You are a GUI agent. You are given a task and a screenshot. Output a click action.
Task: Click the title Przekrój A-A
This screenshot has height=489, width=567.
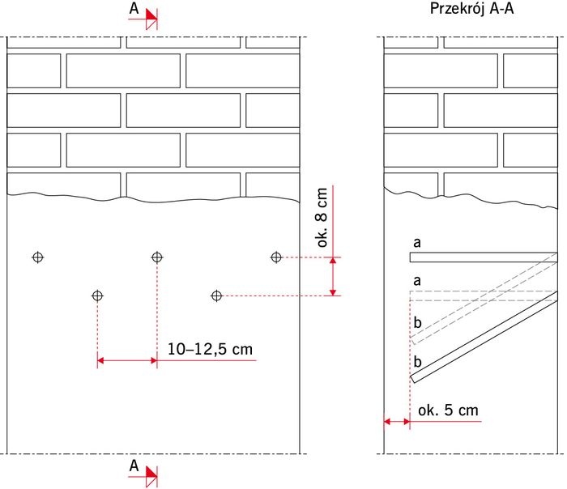(x=471, y=9)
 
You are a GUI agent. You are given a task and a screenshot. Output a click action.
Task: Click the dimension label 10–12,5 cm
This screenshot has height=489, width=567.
(x=210, y=349)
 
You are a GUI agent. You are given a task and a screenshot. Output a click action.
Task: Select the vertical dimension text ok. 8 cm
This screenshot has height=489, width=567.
(x=322, y=218)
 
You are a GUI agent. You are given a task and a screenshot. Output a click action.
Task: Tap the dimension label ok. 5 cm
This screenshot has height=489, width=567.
(x=448, y=410)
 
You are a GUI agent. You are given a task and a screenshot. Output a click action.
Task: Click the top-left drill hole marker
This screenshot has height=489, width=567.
(x=38, y=257)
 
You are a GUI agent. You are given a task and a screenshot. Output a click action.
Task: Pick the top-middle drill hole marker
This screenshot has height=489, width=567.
(x=157, y=257)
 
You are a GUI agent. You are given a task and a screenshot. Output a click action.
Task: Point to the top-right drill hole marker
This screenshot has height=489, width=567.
(x=276, y=257)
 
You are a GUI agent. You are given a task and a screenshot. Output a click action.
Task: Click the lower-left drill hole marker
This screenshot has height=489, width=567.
(x=98, y=296)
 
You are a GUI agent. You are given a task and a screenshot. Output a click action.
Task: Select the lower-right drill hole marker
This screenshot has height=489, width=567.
(x=216, y=296)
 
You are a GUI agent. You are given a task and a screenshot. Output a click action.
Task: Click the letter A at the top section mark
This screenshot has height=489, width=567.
(x=134, y=9)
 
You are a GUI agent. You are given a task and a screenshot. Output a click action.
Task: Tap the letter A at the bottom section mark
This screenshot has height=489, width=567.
(x=134, y=466)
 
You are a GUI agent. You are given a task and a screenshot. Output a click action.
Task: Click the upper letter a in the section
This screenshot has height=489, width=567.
(x=417, y=243)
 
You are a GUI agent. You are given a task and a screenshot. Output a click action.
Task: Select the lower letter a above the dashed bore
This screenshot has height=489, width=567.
(x=417, y=281)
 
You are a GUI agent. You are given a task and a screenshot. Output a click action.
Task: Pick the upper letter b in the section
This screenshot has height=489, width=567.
(x=417, y=322)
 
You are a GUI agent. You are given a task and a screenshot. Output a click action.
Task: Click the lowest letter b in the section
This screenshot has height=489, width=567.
(x=417, y=361)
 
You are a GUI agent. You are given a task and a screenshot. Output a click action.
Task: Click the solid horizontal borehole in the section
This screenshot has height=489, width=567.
(x=484, y=257)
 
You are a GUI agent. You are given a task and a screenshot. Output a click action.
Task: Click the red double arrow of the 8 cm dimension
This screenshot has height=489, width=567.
(x=333, y=277)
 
